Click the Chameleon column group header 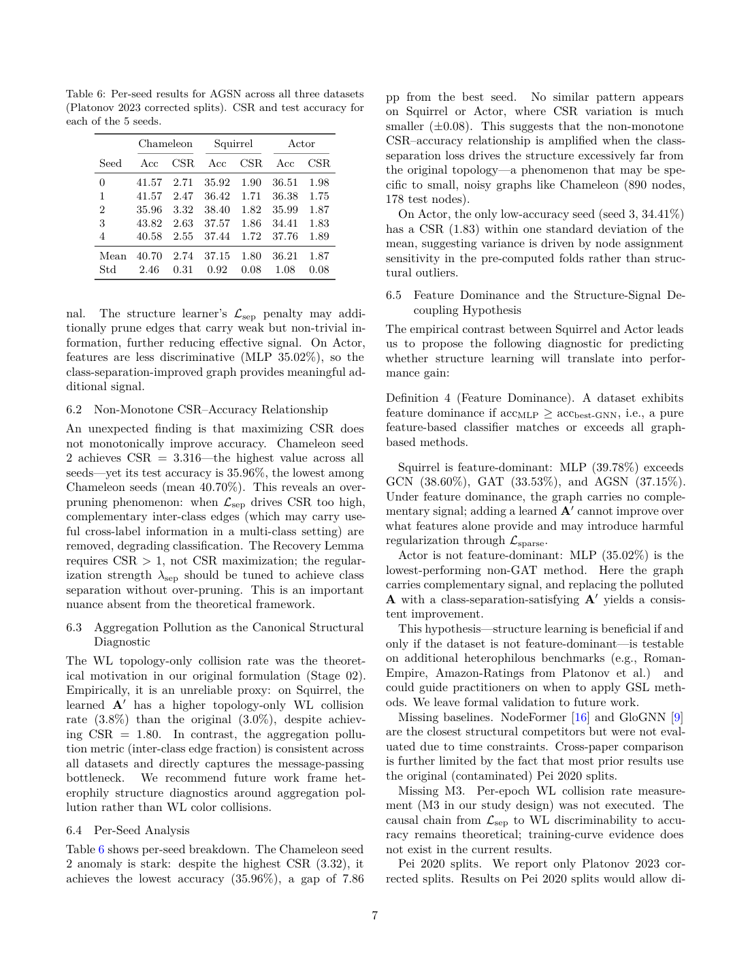[165, 144]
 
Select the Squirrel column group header [233, 144]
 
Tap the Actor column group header [301, 144]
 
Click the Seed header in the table [110, 163]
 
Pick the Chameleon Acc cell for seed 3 [149, 223]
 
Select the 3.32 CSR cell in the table [183, 210]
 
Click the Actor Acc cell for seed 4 [285, 237]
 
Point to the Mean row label [113, 256]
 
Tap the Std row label [108, 270]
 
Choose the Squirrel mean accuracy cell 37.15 [217, 256]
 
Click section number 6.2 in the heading [74, 410]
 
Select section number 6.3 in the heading [74, 628]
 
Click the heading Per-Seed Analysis [142, 831]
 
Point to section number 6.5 [394, 296]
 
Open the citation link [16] [580, 718]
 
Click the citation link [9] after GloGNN [676, 718]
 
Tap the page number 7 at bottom [375, 916]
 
